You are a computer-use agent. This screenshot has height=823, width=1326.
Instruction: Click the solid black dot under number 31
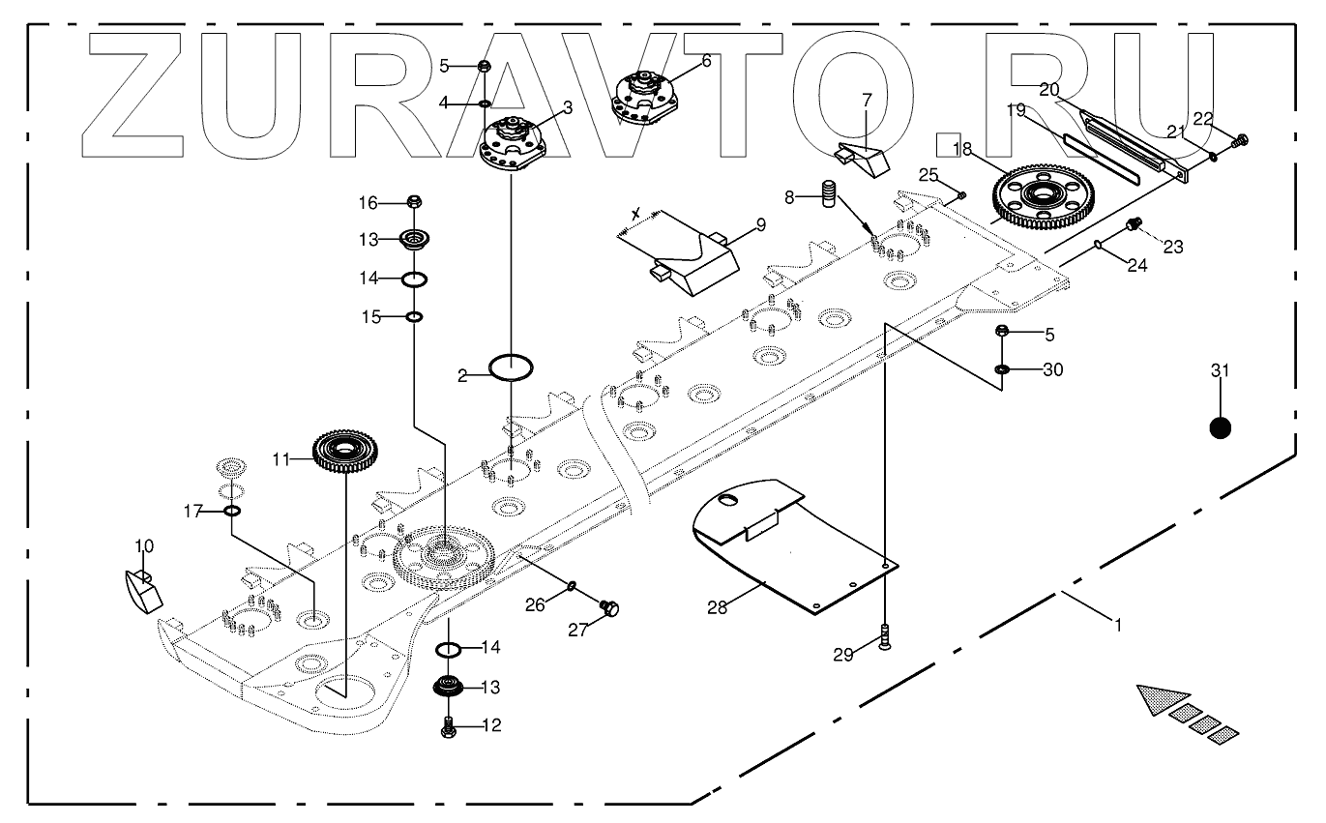(1220, 427)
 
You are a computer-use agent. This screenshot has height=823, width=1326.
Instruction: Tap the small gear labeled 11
(345, 451)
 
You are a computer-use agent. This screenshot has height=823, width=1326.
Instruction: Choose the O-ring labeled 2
(511, 367)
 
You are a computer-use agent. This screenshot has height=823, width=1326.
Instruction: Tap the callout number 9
(760, 225)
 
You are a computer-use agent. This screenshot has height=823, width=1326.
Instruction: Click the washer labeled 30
(1003, 369)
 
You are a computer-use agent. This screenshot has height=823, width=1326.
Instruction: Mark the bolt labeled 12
(448, 728)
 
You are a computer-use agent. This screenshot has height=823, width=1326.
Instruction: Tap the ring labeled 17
(232, 511)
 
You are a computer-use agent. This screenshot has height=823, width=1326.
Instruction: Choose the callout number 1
(1118, 626)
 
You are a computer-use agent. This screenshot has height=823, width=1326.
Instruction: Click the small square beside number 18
(948, 144)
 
